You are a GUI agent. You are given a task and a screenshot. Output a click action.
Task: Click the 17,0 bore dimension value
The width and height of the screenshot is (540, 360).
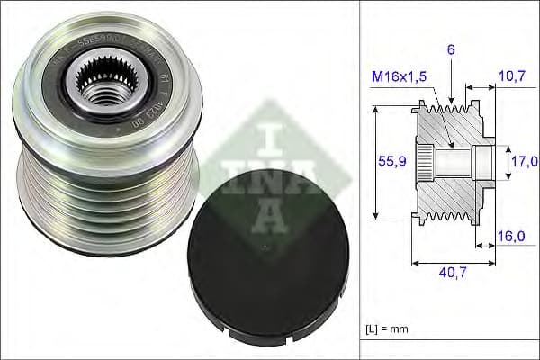pos(525,161)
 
